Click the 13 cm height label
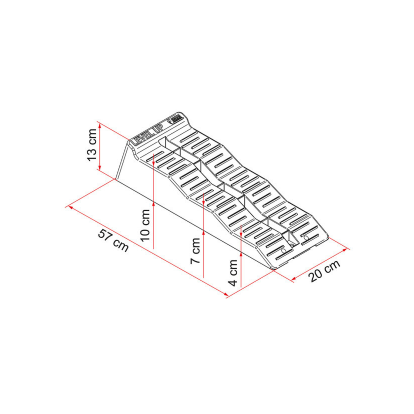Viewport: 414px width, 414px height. point(92,145)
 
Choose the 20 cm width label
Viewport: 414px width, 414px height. point(324,271)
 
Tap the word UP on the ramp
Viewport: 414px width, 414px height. point(159,128)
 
